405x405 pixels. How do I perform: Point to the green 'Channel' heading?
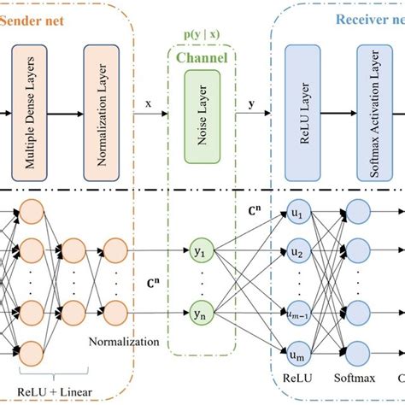tap(202, 57)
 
